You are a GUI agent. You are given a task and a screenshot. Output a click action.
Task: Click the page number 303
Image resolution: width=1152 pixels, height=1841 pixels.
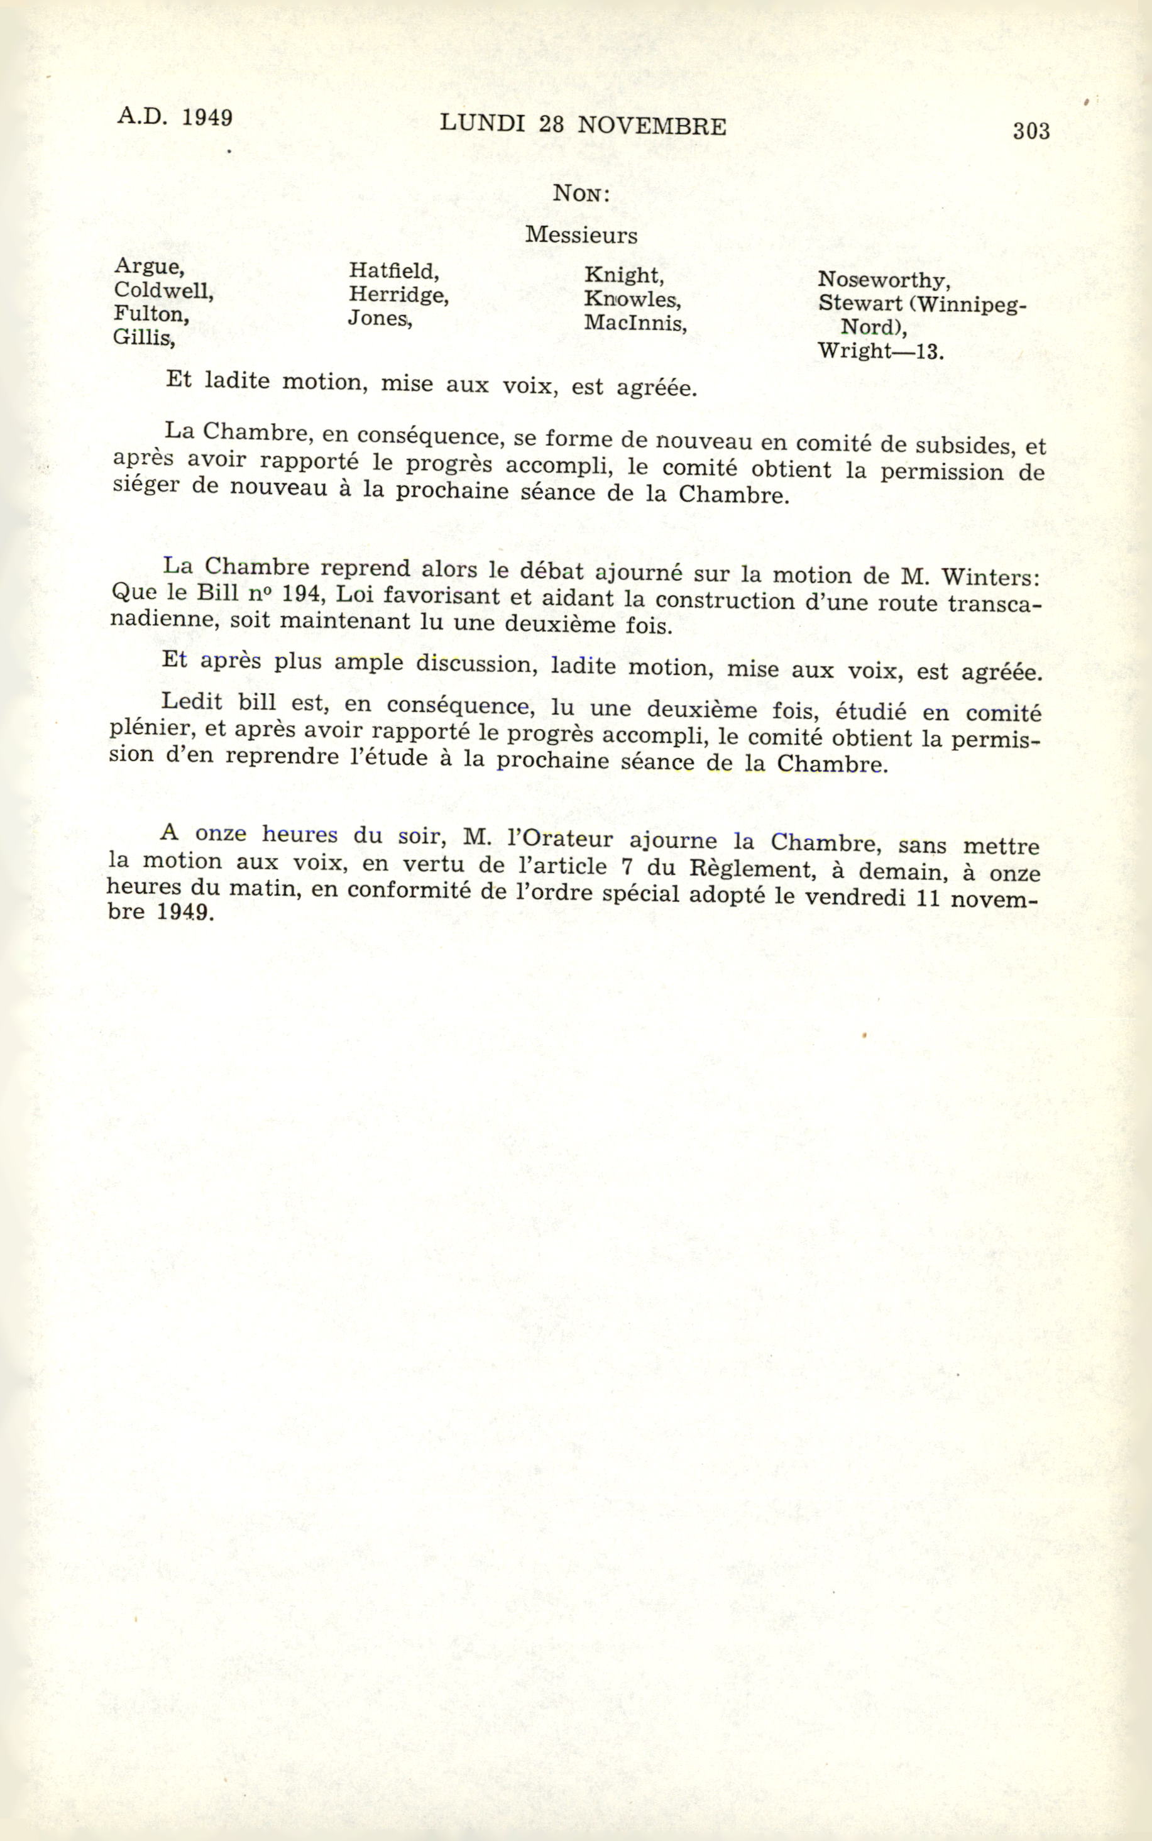[1031, 131]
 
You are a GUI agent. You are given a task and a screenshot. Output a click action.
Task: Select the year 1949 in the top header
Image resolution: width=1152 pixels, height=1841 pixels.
[207, 118]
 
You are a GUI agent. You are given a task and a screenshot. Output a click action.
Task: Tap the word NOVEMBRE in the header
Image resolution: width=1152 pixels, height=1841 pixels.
[652, 126]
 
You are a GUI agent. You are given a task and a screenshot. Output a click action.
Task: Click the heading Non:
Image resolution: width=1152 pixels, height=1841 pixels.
[581, 194]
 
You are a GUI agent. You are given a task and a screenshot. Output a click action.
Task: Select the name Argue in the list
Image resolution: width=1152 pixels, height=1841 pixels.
[148, 267]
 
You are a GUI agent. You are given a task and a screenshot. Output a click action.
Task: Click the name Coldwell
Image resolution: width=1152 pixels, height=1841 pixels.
[163, 290]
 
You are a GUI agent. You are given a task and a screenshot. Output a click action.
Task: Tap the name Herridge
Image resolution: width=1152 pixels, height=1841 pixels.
[398, 295]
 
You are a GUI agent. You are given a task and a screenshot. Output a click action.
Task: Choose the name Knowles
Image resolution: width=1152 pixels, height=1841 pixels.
[632, 299]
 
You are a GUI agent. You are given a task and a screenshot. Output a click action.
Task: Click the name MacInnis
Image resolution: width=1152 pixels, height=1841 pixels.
[635, 323]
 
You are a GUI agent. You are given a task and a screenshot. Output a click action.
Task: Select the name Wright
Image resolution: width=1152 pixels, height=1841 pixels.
[854, 351]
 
